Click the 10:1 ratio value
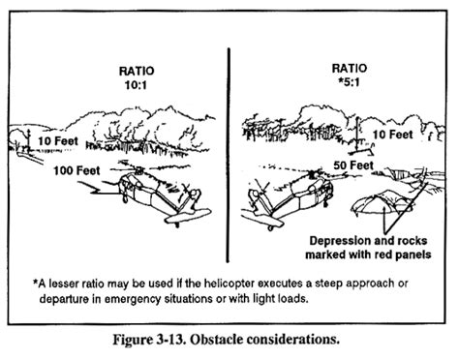(136, 85)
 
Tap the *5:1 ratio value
(351, 82)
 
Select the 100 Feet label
(76, 170)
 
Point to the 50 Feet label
(353, 165)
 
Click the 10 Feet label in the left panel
(58, 141)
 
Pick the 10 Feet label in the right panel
(393, 135)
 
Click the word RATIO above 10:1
(137, 71)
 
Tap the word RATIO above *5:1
(350, 68)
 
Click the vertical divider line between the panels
(229, 155)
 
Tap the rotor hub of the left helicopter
(139, 170)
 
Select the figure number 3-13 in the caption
(172, 340)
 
